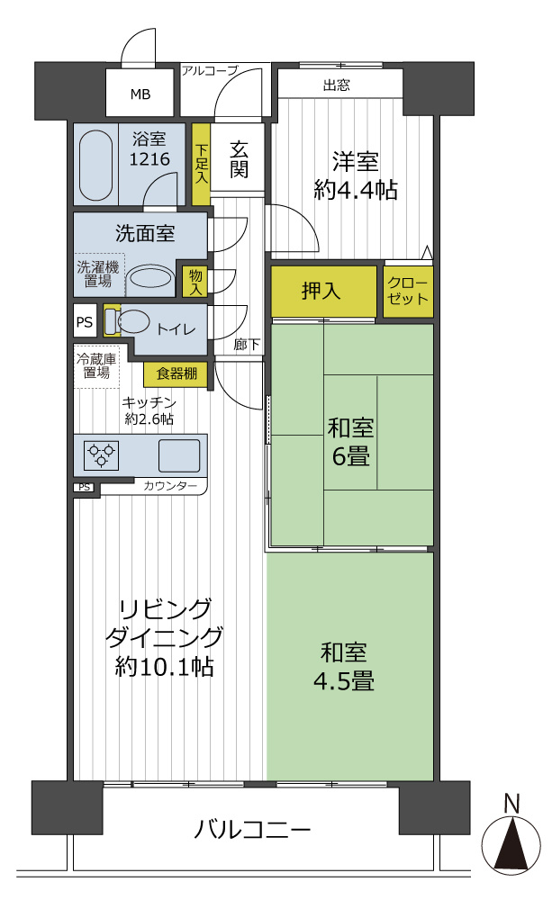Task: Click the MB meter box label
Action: click(x=140, y=94)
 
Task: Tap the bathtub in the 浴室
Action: click(x=95, y=165)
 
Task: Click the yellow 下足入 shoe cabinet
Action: click(x=201, y=165)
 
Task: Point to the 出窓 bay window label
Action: click(x=337, y=86)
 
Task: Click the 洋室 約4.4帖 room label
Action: click(x=355, y=176)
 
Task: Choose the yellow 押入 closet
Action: click(x=322, y=292)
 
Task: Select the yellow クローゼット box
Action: click(x=408, y=291)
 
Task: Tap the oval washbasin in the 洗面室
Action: click(x=149, y=278)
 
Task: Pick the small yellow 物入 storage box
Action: click(x=195, y=281)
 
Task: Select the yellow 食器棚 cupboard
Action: click(x=176, y=373)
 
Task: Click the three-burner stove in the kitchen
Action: click(x=102, y=454)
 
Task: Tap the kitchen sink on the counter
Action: click(x=180, y=455)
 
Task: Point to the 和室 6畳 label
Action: click(x=350, y=441)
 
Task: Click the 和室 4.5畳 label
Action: click(x=350, y=666)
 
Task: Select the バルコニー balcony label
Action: click(x=253, y=829)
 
